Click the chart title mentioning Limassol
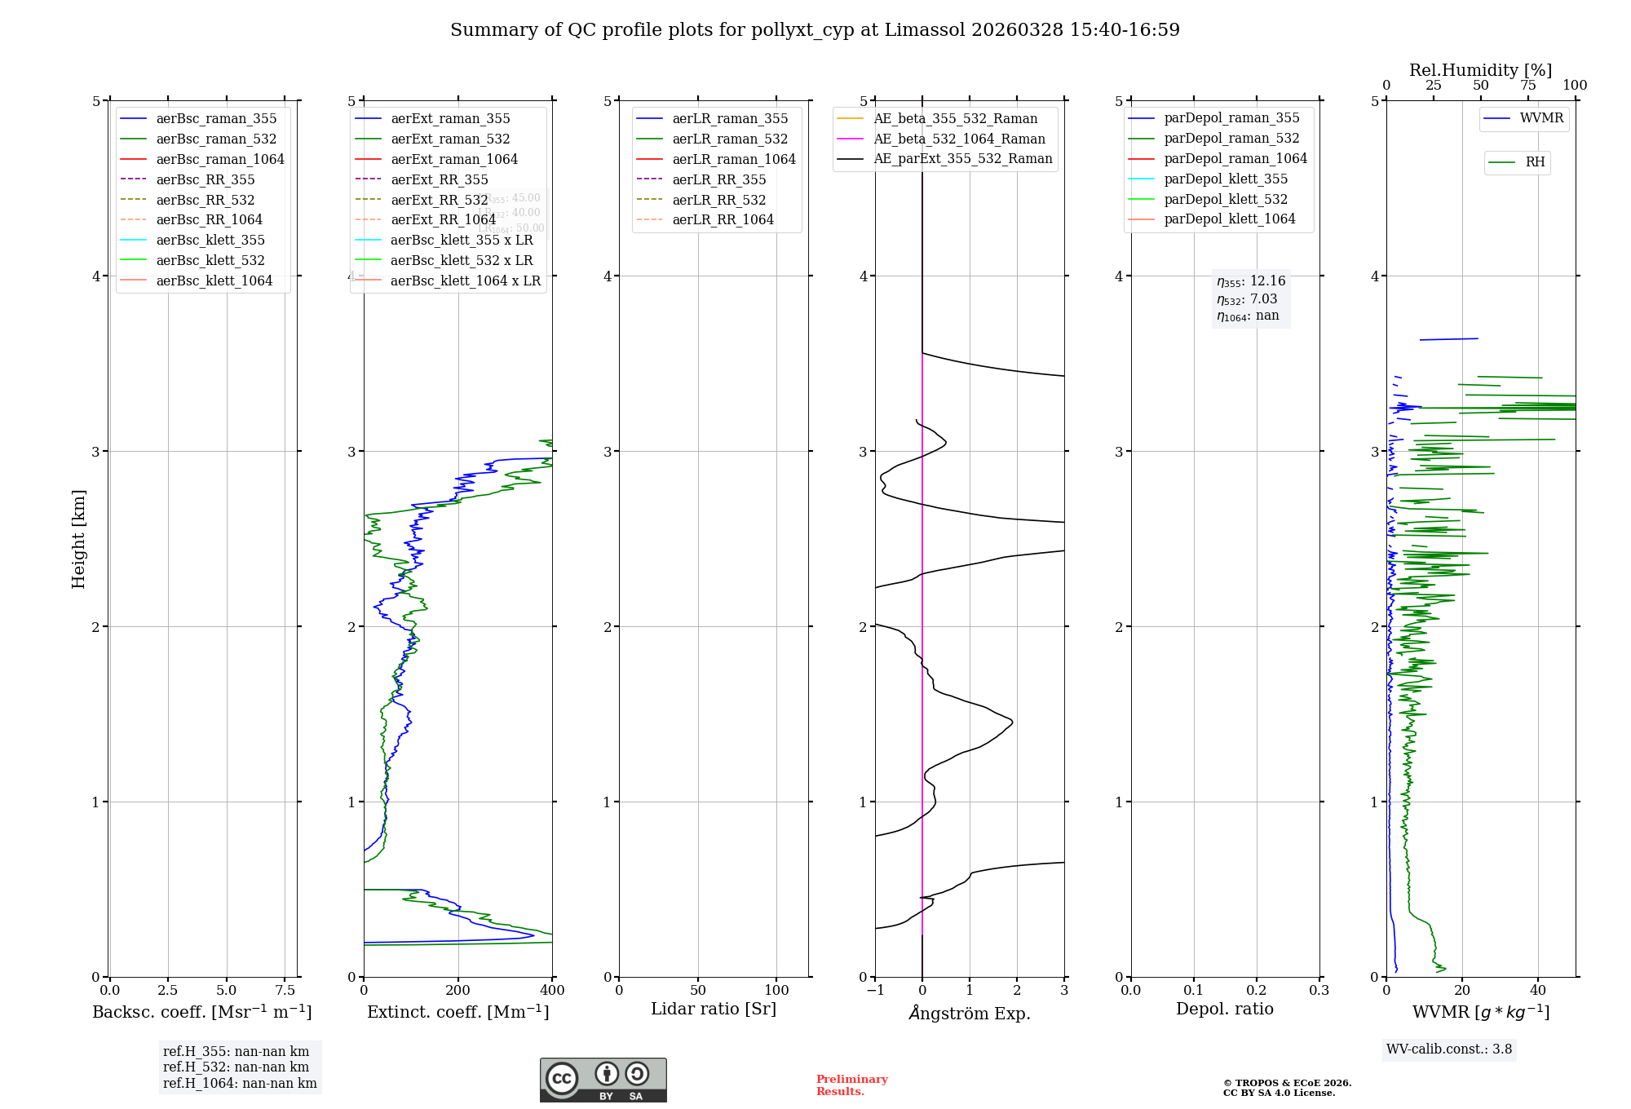[815, 30]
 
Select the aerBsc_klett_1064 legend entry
[214, 281]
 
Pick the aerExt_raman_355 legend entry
[450, 119]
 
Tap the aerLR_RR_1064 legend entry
[723, 220]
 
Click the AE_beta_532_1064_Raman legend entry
[959, 139]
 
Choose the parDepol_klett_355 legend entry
[1226, 179]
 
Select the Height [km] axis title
[78, 539]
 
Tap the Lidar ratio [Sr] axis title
[714, 1010]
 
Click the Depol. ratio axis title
[1224, 1010]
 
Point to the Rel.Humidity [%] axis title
[1480, 70]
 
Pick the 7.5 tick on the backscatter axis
[285, 991]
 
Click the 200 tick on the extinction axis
[458, 991]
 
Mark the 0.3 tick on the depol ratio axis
[1319, 991]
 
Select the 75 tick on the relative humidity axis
[1527, 86]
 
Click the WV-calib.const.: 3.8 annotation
[1449, 1049]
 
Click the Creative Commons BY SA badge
[603, 1080]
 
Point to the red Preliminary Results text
[851, 1085]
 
